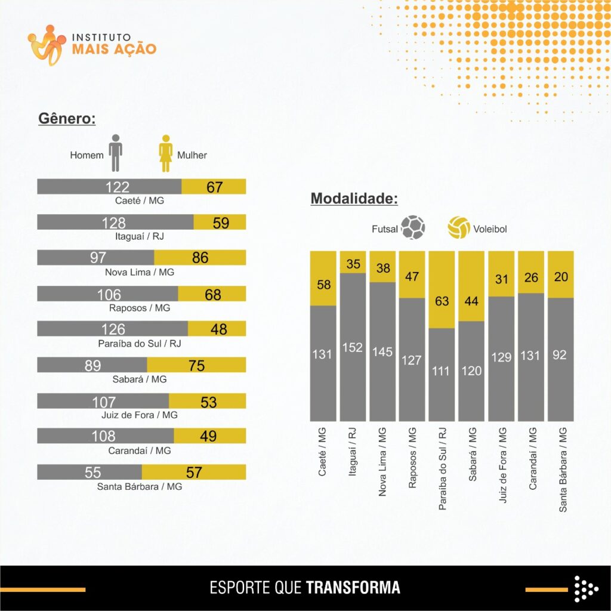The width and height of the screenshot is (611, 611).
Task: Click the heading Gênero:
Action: pyautogui.click(x=67, y=118)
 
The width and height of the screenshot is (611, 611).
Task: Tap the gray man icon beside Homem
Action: pyautogui.click(x=115, y=153)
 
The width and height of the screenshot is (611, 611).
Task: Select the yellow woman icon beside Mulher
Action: pyautogui.click(x=165, y=153)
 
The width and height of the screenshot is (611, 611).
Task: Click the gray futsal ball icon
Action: pyautogui.click(x=413, y=228)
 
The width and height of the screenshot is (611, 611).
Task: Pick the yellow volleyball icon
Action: pyautogui.click(x=459, y=228)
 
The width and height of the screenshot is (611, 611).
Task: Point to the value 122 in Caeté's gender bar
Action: pyautogui.click(x=117, y=187)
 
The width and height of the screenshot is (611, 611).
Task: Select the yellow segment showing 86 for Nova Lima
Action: pyautogui.click(x=200, y=258)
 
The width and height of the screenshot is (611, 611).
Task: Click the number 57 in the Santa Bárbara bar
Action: pyautogui.click(x=194, y=473)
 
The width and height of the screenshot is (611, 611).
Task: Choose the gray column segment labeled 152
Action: pyautogui.click(x=353, y=347)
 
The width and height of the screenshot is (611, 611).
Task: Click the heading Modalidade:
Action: pyautogui.click(x=354, y=199)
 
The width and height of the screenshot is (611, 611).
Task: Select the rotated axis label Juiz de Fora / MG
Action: pyautogui.click(x=503, y=465)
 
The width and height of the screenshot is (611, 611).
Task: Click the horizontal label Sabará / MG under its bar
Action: pyautogui.click(x=140, y=379)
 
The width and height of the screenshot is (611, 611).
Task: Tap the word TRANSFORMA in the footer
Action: pyautogui.click(x=353, y=587)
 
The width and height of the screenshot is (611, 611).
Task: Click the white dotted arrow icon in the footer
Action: pyautogui.click(x=585, y=588)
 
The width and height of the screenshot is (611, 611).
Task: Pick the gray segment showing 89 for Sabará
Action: pyautogui.click(x=92, y=365)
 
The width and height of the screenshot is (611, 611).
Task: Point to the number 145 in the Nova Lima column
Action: pyautogui.click(x=382, y=351)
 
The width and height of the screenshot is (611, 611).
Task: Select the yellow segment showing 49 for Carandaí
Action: pyautogui.click(x=209, y=436)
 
